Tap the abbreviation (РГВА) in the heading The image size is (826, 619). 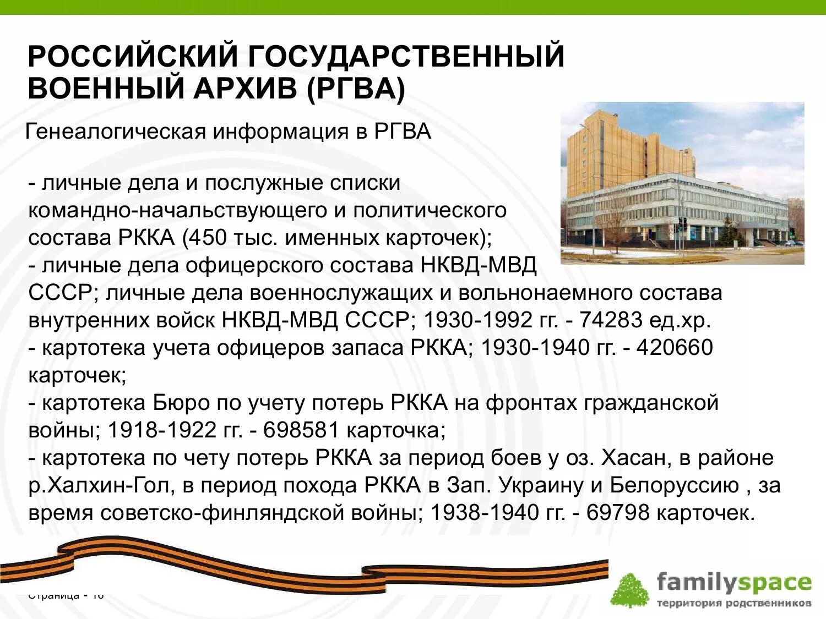point(355,89)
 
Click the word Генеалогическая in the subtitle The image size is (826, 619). point(116,132)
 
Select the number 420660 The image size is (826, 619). point(675,348)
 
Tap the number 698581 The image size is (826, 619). point(301,430)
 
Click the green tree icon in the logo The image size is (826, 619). point(629,590)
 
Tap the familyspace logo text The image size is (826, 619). point(734,582)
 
